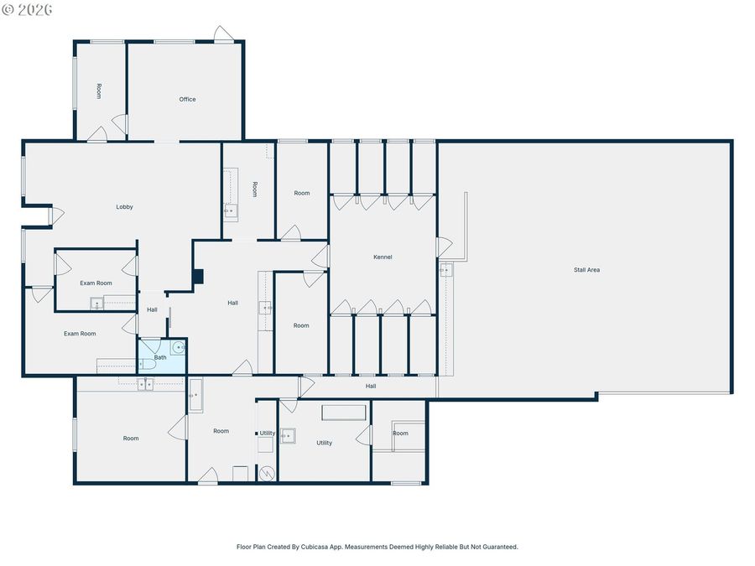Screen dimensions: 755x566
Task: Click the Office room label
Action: point(187,99)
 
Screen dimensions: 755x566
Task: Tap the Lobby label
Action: point(124,206)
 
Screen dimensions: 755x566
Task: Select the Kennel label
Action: point(383,257)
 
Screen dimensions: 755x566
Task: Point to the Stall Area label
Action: point(586,270)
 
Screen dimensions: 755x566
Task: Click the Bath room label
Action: point(160,357)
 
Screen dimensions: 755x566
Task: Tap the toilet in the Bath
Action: point(146,366)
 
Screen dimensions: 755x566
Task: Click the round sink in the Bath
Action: point(179,347)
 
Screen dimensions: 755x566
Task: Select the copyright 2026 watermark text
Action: point(27,9)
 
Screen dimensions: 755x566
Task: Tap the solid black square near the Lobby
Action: point(198,277)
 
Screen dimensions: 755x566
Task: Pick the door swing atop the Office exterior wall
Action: point(224,34)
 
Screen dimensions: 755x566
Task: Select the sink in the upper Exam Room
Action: point(96,304)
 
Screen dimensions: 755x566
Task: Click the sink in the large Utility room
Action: point(288,435)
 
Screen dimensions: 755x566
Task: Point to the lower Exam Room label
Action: point(80,334)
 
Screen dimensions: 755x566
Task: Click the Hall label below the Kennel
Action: point(371,386)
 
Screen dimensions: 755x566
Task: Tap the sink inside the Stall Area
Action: point(446,270)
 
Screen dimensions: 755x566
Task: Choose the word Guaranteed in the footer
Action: point(501,547)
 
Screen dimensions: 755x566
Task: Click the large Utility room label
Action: point(324,443)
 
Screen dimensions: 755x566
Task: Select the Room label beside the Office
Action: point(99,91)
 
